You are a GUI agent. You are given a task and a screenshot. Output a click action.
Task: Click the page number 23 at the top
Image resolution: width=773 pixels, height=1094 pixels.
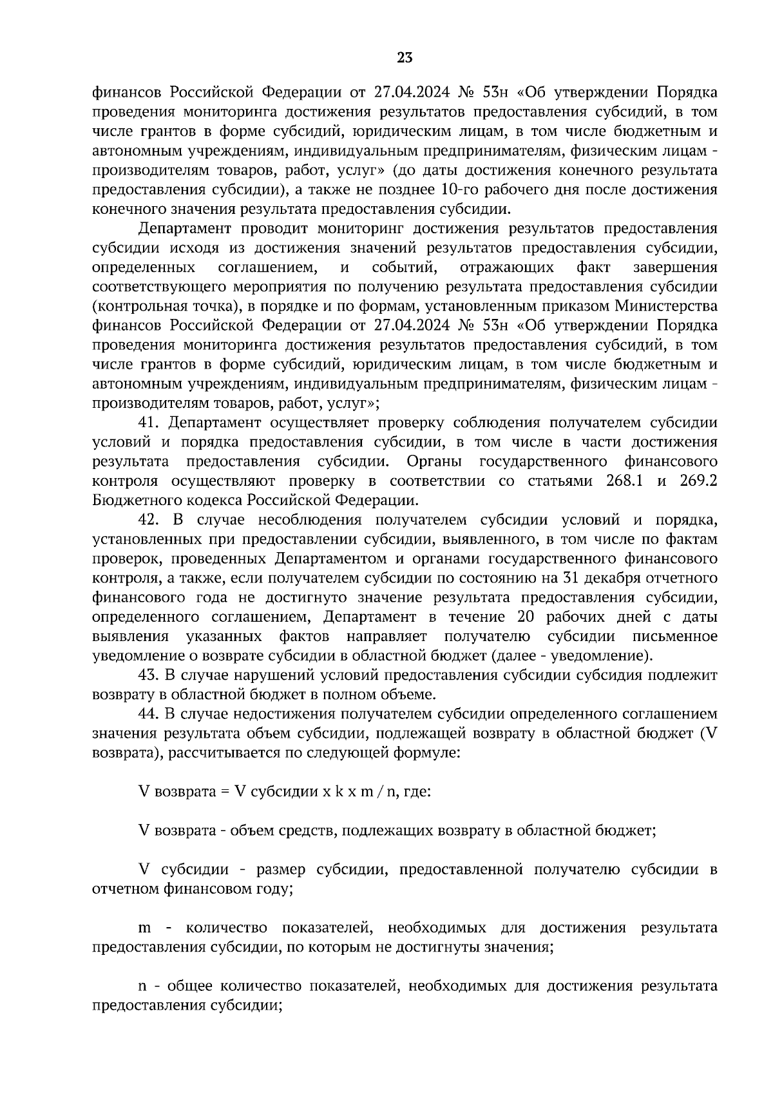point(405,58)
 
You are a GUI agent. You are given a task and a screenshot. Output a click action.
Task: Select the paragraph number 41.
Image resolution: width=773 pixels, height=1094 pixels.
point(149,423)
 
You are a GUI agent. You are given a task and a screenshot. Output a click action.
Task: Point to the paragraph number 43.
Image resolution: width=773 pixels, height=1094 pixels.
point(149,675)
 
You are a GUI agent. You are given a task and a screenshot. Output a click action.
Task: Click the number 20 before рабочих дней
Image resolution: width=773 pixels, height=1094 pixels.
point(527,617)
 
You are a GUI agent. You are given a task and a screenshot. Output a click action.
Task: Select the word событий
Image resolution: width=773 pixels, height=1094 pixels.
point(405,267)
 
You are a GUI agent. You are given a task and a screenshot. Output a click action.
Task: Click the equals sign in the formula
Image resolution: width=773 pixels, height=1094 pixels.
point(225,792)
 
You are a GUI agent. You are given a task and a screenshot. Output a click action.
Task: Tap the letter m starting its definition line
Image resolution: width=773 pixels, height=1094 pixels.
point(145,928)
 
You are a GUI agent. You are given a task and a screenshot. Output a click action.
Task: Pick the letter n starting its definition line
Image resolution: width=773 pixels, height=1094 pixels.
point(143,987)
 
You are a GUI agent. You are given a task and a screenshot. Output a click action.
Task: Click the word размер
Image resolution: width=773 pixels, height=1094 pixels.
point(281,870)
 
